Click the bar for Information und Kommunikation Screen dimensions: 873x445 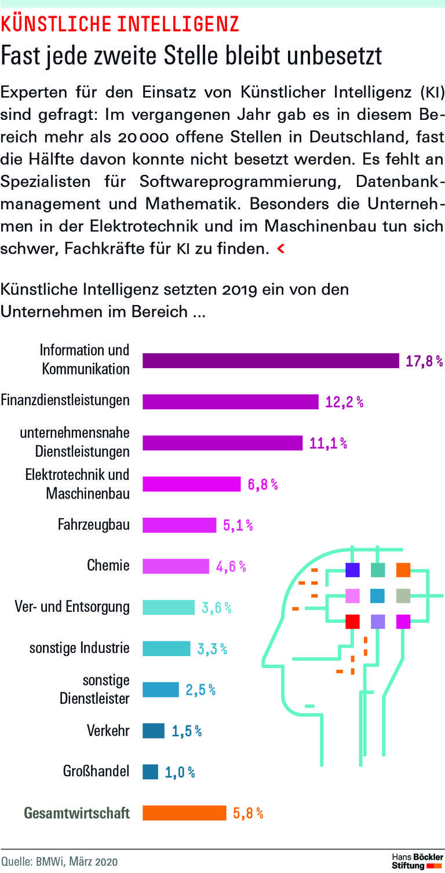click(271, 361)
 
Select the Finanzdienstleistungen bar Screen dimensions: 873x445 click(231, 402)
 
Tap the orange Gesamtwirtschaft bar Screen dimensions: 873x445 click(184, 813)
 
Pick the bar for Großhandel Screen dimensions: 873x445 click(150, 772)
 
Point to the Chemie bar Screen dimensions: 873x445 click(176, 566)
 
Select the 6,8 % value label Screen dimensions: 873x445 click(263, 485)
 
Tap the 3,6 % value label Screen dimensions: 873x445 click(216, 608)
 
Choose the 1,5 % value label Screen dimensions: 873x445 click(187, 731)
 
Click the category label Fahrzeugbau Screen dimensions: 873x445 click(94, 525)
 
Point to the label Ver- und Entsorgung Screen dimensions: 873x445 click(72, 607)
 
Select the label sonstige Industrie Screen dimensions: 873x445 click(79, 648)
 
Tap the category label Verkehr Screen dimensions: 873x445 click(108, 731)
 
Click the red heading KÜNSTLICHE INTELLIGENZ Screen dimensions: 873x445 click(120, 23)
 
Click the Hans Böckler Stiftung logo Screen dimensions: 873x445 click(417, 861)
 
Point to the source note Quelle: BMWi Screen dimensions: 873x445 click(59, 861)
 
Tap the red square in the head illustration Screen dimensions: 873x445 click(352, 622)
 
